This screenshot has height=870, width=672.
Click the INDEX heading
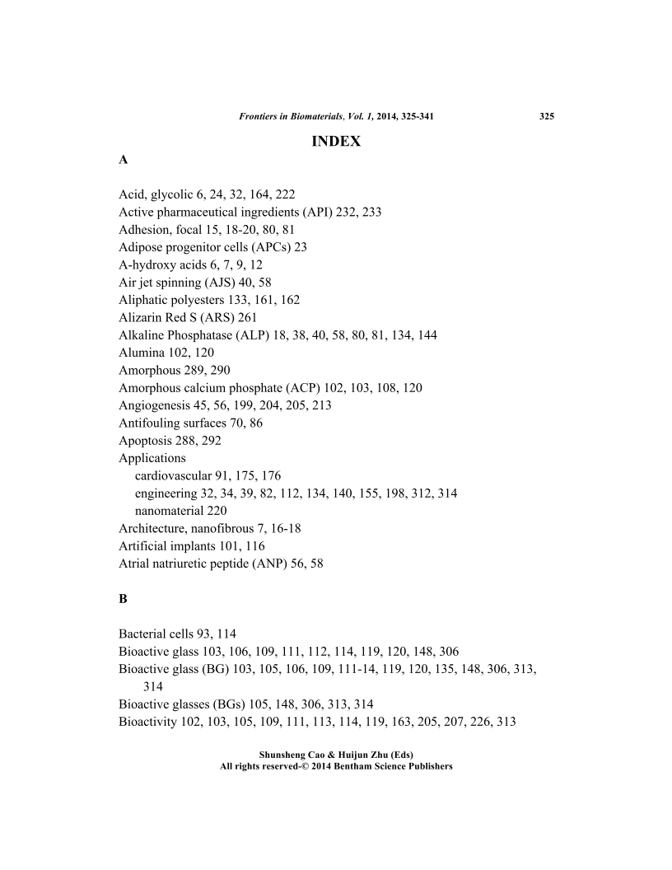(336, 142)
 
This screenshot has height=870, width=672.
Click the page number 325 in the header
(546, 116)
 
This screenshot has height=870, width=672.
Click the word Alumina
(141, 352)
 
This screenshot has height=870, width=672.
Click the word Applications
(152, 458)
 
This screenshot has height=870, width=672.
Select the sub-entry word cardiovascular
(173, 475)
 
